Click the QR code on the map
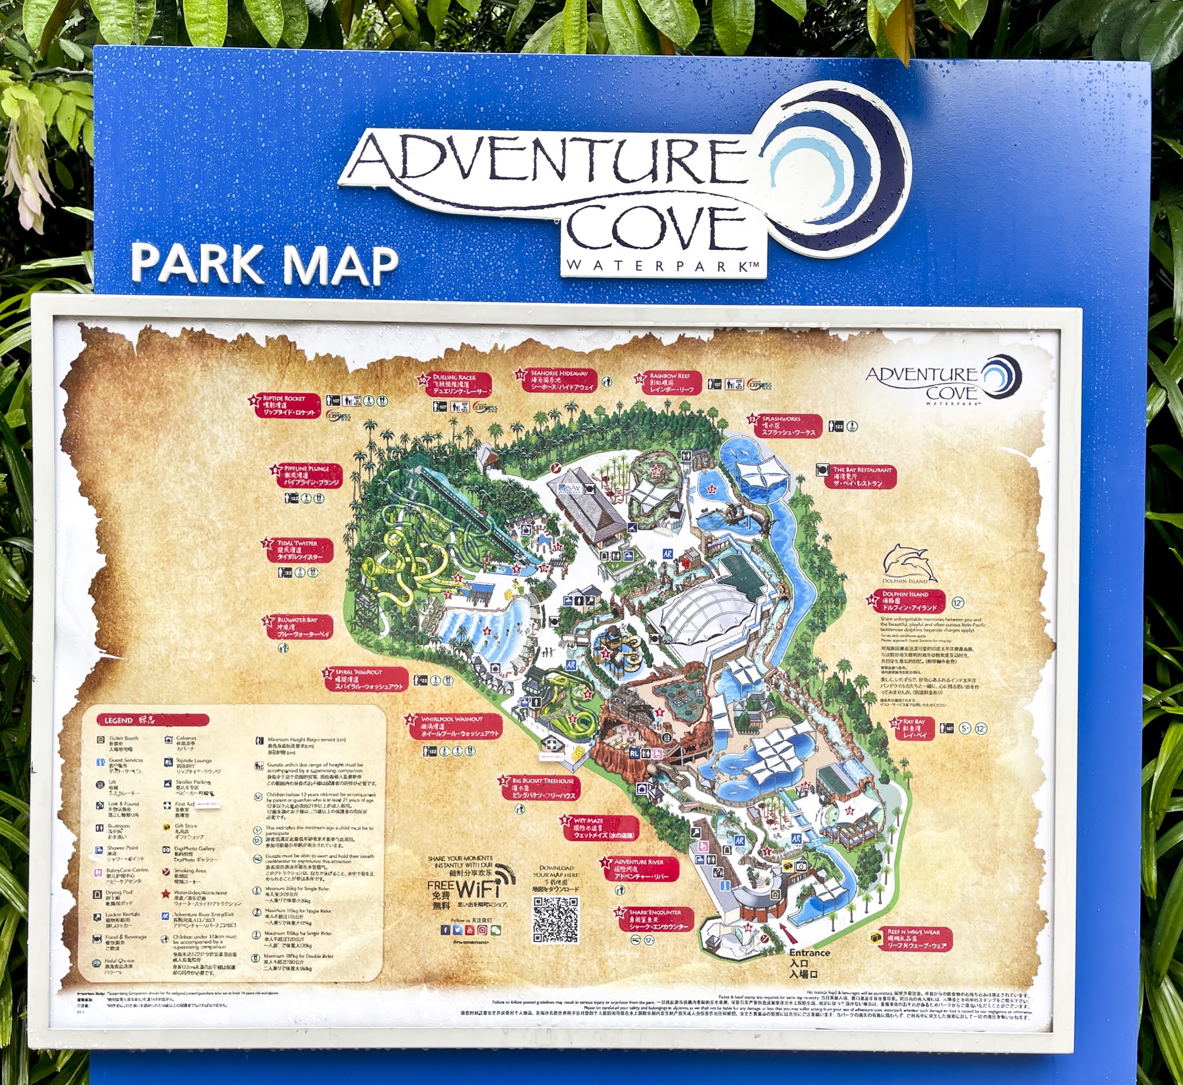[555, 920]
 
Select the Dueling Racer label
[459, 385]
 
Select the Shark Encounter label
[657, 918]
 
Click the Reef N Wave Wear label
[916, 939]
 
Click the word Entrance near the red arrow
[809, 952]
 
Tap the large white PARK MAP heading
[264, 264]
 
